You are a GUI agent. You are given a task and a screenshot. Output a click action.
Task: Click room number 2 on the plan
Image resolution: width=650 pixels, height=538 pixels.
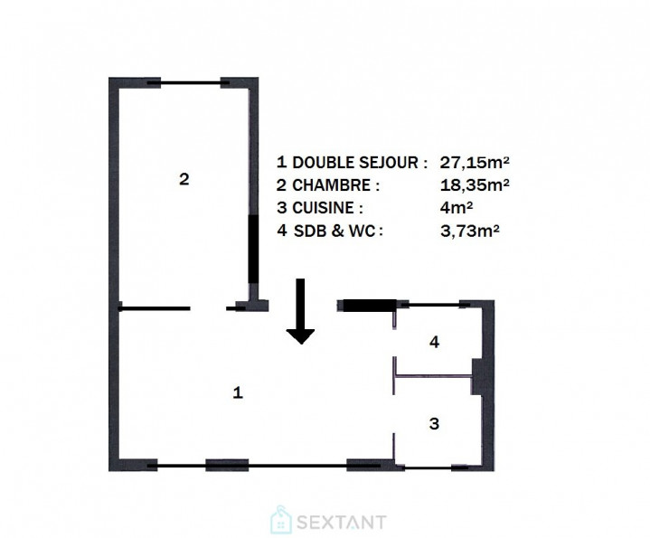(x=184, y=179)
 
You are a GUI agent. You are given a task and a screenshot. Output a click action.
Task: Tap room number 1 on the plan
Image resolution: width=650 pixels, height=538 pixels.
(x=238, y=392)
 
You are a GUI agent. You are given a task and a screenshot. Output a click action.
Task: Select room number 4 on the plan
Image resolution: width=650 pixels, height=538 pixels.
(x=434, y=342)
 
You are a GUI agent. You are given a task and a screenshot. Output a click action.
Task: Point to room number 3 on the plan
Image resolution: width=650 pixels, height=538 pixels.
(x=434, y=423)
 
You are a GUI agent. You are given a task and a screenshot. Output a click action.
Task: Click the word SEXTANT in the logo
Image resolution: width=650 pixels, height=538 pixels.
(x=341, y=522)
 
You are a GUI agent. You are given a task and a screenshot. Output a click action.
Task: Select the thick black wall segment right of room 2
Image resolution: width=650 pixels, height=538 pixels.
(x=254, y=250)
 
